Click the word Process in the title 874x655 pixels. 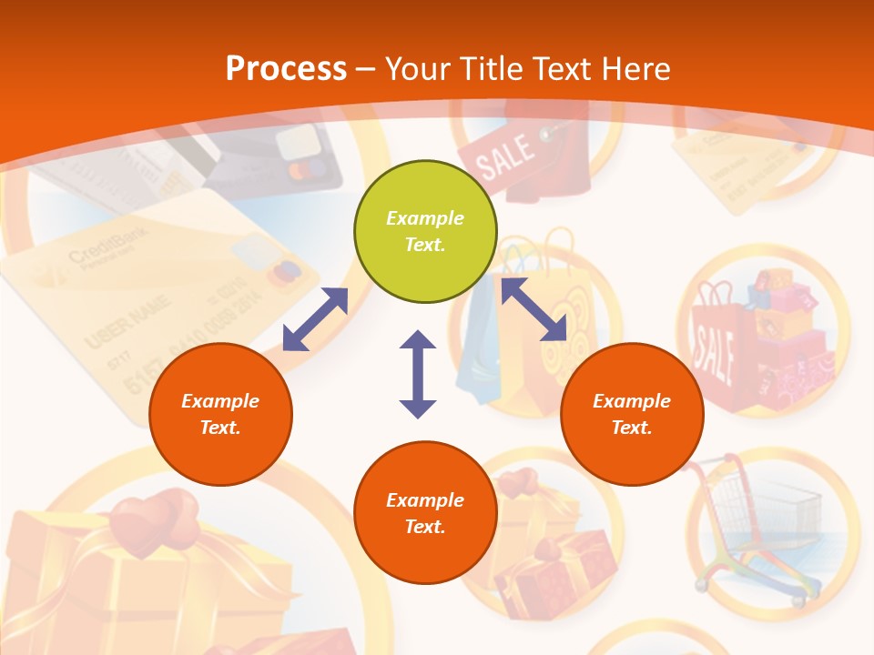[286, 69]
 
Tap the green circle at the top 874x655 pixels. [425, 232]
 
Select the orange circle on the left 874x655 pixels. [220, 414]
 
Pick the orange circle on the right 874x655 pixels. [632, 414]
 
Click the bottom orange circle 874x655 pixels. [425, 513]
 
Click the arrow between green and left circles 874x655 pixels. [315, 319]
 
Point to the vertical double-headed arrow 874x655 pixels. [418, 374]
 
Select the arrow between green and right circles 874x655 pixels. [534, 309]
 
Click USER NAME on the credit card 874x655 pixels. [127, 323]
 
